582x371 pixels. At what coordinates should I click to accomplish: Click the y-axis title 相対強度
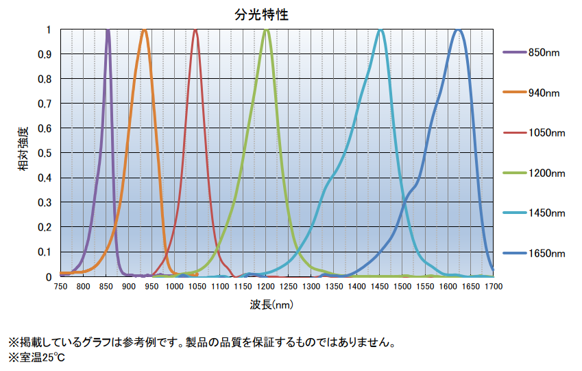point(24,148)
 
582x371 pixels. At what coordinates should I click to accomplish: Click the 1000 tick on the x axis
point(174,286)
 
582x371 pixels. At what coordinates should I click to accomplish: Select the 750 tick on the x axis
point(60,286)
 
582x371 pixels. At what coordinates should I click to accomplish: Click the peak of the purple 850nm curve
point(108,30)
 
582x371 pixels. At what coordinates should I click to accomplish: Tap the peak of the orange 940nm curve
point(144,30)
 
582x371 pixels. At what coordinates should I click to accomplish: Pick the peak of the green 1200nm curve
point(267,30)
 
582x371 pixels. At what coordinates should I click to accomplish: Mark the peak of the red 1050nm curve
point(196,30)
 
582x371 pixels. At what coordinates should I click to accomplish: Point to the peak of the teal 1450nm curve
point(380,30)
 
